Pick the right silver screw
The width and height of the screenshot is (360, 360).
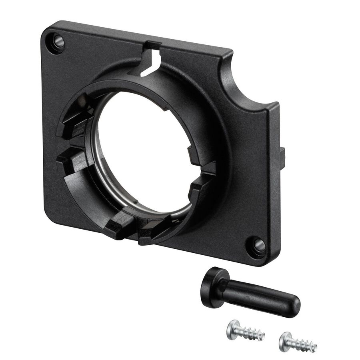click(298, 342)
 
